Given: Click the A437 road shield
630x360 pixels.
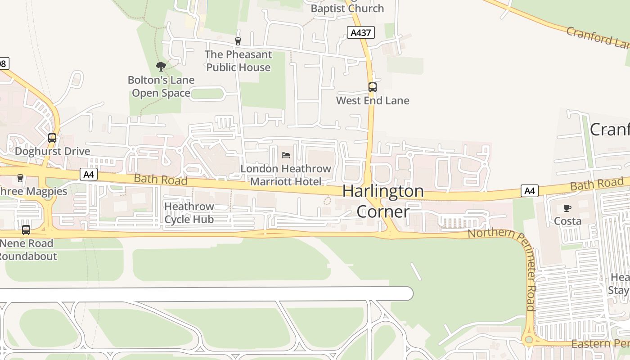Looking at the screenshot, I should click(x=360, y=32).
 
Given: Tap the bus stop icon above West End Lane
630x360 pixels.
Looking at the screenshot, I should click(x=373, y=87).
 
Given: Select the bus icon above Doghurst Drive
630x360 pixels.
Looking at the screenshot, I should click(x=52, y=138).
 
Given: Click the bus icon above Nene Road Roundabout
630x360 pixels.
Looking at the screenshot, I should click(x=26, y=230).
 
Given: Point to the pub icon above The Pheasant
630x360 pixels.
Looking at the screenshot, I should click(x=238, y=41).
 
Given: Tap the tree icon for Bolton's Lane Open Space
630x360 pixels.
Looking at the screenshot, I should click(x=161, y=67).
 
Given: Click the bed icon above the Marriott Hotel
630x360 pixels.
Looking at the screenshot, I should click(x=286, y=155).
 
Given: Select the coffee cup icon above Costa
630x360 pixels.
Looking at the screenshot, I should click(x=567, y=208).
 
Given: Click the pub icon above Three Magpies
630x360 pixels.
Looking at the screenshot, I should click(x=20, y=178).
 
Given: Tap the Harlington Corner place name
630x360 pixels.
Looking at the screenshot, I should click(x=383, y=201).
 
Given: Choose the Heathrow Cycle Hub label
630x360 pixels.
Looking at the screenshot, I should click(x=189, y=213).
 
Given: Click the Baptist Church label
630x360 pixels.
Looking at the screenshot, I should click(x=347, y=8).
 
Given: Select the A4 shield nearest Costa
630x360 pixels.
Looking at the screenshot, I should click(x=530, y=191).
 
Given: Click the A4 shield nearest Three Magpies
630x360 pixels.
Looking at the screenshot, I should click(x=89, y=174).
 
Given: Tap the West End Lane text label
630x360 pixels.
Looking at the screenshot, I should click(x=373, y=100).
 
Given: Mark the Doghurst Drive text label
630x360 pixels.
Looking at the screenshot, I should click(x=53, y=151).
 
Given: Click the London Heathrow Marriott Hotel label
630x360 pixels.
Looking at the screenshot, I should click(x=286, y=175).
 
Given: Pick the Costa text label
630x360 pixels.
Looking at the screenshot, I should click(x=567, y=221).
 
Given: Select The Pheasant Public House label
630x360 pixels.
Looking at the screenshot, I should click(x=238, y=61).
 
